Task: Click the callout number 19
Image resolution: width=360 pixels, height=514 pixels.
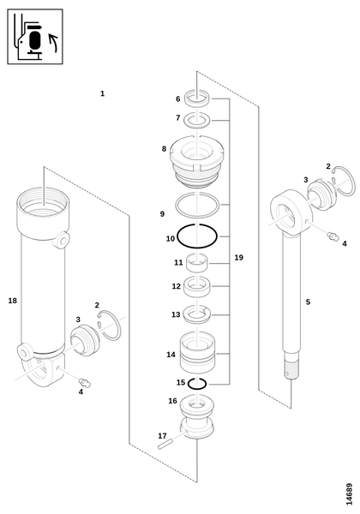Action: click(238, 258)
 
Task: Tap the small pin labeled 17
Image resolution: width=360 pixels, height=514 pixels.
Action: click(165, 445)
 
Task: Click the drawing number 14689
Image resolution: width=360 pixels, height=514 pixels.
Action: click(349, 494)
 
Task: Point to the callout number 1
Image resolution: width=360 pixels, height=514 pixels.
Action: click(102, 93)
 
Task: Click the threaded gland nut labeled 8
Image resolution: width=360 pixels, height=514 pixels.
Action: click(197, 162)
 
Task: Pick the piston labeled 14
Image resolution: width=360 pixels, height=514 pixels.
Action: click(197, 352)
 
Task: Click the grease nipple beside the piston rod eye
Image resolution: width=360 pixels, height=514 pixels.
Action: click(333, 236)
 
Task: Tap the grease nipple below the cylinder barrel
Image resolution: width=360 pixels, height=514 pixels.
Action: click(85, 382)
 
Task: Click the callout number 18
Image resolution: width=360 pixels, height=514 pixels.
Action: click(13, 301)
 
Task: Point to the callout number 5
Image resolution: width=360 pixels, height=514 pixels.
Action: click(308, 302)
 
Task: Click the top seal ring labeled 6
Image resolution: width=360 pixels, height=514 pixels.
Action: click(197, 98)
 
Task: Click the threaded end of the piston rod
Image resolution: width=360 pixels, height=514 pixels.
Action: click(291, 368)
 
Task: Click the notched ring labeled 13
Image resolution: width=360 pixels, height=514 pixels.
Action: click(197, 314)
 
